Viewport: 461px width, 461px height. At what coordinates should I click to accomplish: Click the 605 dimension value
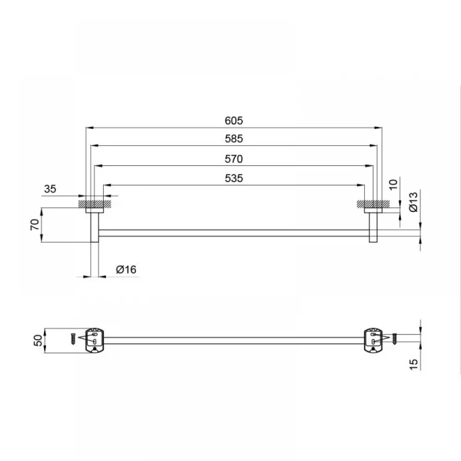coord(234,120)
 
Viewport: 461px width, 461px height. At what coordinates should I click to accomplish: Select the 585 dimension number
coord(234,139)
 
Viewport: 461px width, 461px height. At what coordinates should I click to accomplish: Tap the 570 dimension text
coord(234,159)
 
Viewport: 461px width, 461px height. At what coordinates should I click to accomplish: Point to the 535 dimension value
coord(234,178)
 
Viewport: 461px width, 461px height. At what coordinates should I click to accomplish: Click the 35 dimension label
coord(50,189)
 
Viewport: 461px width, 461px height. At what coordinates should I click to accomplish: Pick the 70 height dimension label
coord(35,225)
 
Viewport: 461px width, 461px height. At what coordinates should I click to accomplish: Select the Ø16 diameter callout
coord(126,270)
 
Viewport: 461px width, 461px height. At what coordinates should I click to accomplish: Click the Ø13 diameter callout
coord(413,202)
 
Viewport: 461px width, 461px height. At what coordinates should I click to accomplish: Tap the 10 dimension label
coord(393,184)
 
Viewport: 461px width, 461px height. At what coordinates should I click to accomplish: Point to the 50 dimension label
coord(38,341)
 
